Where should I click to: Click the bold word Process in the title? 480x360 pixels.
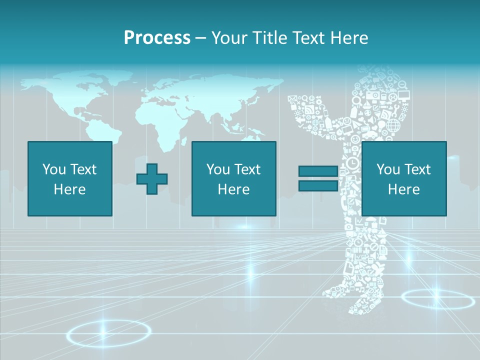pos(157,37)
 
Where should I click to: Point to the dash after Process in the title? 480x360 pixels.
pos(200,38)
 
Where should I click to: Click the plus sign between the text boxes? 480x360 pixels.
pos(152,179)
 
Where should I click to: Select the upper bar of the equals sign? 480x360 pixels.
pos(318,171)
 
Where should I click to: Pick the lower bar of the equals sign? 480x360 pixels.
pos(318,186)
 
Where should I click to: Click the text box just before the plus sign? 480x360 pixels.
pos(70,178)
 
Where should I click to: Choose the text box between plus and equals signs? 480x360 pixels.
pos(234,178)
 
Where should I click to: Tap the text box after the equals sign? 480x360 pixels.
pos(404,178)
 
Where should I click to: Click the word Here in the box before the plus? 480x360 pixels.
pos(70,189)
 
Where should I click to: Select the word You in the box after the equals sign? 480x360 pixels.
pos(388,169)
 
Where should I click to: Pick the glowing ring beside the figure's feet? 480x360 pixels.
pos(437,300)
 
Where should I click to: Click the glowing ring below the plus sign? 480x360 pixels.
pos(108,332)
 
